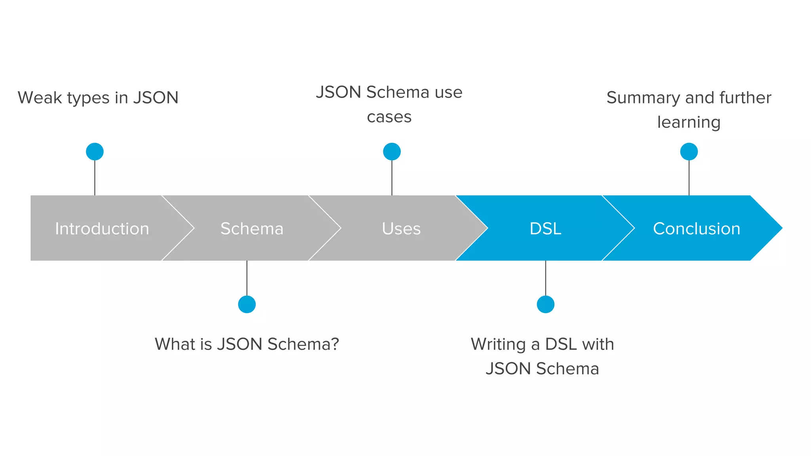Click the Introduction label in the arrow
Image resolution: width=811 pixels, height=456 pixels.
click(102, 228)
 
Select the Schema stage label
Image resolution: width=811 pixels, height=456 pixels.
click(252, 228)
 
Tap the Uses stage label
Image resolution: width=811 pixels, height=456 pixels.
click(401, 228)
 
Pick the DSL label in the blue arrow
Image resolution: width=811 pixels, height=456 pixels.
click(545, 228)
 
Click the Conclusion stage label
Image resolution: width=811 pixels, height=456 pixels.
click(696, 228)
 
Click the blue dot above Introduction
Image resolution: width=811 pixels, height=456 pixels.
click(95, 152)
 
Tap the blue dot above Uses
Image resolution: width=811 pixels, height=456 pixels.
click(392, 152)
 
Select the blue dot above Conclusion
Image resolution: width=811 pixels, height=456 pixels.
click(689, 152)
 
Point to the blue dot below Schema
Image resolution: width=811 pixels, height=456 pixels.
click(247, 304)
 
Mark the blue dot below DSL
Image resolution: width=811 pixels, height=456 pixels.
click(545, 304)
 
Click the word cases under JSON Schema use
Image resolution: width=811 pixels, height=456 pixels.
click(389, 117)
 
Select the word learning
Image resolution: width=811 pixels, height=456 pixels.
click(689, 122)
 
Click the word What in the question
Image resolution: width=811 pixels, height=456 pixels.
click(175, 344)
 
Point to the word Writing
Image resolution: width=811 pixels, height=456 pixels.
click(498, 344)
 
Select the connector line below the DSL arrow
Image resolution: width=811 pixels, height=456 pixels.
click(545, 278)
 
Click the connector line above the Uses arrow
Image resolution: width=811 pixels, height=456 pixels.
click(392, 178)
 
